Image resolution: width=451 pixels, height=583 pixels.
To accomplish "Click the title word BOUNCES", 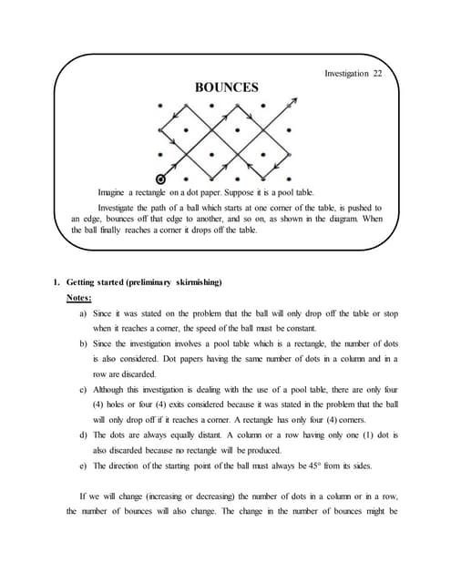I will [227, 87].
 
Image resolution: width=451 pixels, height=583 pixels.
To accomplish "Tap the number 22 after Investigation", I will [376, 73].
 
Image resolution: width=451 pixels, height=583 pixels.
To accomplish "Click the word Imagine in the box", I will [115, 193].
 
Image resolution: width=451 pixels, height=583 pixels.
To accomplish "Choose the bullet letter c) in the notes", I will [84, 391].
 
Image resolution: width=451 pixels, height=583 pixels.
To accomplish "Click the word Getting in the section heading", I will [84, 281].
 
